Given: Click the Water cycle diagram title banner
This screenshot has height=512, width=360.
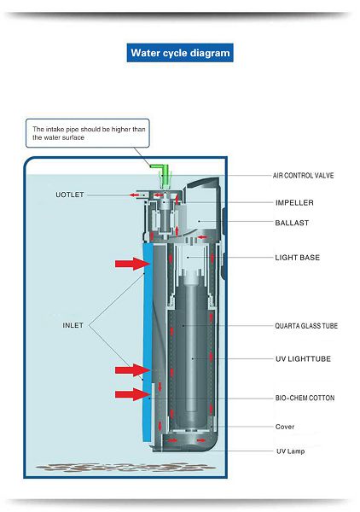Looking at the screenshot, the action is [180, 53].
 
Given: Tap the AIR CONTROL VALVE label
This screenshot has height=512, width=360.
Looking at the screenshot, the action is [303, 176].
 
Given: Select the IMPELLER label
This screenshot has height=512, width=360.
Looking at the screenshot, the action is [294, 203].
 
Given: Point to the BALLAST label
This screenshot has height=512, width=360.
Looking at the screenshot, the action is [292, 223].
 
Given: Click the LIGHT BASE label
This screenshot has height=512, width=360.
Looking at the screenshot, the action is [298, 258].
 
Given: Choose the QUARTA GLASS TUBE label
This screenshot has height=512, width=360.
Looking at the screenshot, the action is [306, 326].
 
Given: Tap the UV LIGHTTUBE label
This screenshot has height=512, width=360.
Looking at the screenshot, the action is [303, 359].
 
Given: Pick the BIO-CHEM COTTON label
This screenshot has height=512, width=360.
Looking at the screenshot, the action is [305, 398].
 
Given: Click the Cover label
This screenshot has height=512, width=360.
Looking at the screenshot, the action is [285, 427].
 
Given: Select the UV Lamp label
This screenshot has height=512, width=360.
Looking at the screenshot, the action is [291, 451].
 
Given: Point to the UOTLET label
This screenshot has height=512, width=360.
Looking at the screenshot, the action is [69, 195].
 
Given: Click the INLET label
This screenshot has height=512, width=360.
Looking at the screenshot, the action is [73, 325].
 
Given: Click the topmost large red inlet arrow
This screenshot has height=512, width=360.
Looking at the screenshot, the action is [133, 264].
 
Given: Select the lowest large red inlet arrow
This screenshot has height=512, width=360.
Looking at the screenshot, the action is [133, 394].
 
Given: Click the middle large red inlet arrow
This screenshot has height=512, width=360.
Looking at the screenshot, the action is [133, 370].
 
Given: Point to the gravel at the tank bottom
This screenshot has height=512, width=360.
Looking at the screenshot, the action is [125, 468].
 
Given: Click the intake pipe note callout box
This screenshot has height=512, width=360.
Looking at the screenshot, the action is [88, 133].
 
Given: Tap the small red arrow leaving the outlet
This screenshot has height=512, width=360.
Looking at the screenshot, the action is [134, 195].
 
